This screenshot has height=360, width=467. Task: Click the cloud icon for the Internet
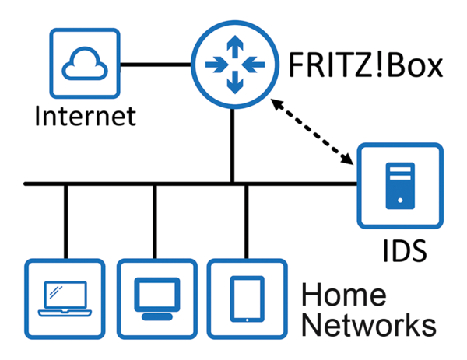click(84, 63)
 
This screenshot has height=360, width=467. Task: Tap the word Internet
click(86, 117)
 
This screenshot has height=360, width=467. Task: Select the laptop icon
click(65, 299)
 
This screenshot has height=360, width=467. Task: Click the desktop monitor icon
click(156, 299)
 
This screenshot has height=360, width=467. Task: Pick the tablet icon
click(247, 299)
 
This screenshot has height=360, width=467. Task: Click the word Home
click(343, 295)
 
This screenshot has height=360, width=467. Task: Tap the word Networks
click(367, 325)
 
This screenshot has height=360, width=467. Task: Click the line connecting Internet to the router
click(156, 63)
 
